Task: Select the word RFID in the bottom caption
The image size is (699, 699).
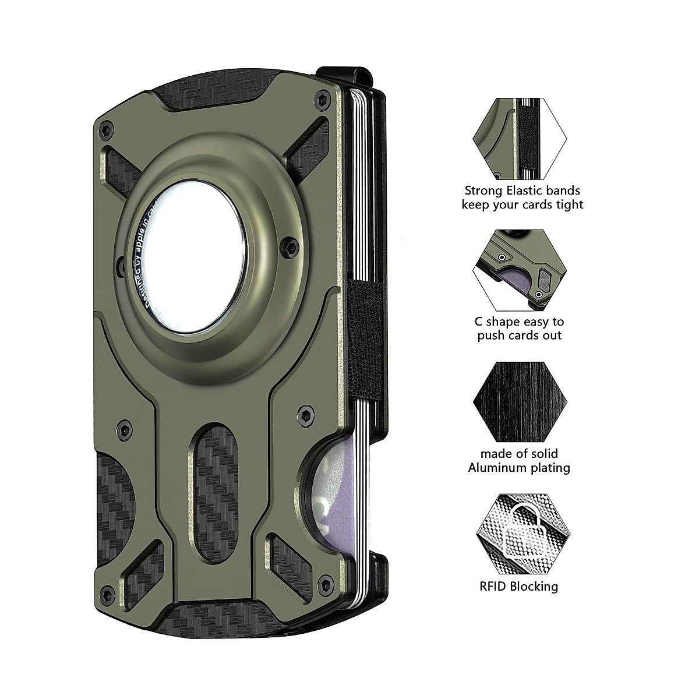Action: (x=492, y=586)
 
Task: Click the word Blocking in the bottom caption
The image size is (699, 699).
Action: (x=534, y=586)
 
